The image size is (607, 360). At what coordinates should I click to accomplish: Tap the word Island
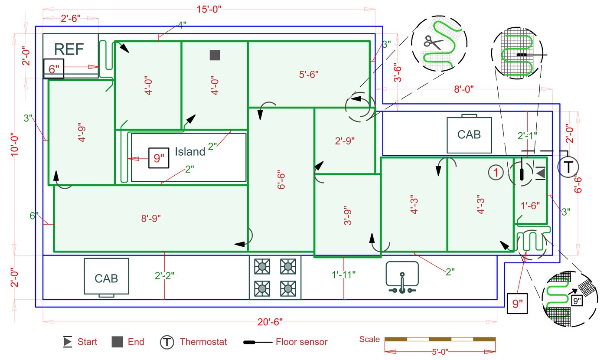pos(190,152)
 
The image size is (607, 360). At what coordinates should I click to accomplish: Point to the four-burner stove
pos(275,278)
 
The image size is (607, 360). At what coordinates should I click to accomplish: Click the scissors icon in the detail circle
pos(433,42)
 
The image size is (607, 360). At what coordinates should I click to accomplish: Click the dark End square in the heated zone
pos(215,55)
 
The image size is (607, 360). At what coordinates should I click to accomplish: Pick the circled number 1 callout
pos(496,173)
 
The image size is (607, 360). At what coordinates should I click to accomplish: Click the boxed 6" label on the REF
pos(54,69)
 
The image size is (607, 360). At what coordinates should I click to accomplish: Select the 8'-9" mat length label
pos(151,219)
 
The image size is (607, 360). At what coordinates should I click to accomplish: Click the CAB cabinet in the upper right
pos(469,134)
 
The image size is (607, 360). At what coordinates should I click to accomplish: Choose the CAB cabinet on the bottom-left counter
pos(106,278)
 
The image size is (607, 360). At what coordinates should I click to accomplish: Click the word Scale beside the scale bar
pos(369,339)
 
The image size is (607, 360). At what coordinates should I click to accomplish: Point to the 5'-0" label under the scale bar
pos(440,352)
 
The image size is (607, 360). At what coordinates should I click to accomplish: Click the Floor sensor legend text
pos(302,342)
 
